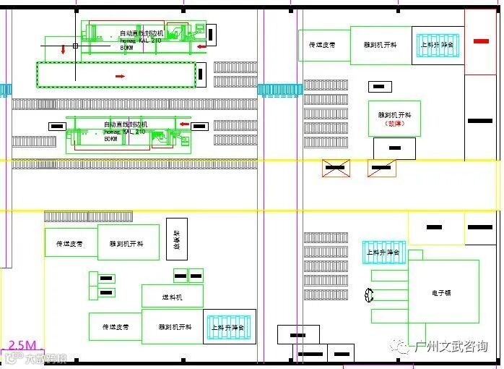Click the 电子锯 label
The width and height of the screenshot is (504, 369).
(x=442, y=293)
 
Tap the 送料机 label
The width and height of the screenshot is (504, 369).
(x=172, y=297)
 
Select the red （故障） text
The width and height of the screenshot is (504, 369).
(x=394, y=124)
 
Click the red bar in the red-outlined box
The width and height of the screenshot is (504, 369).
(x=481, y=41)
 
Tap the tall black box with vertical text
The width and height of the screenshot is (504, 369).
(x=176, y=239)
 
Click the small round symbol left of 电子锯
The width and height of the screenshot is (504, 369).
(x=370, y=295)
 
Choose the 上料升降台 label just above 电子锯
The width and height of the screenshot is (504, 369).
(x=383, y=253)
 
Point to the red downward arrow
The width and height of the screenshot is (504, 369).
(x=64, y=50)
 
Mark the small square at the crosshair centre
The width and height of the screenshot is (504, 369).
(x=75, y=46)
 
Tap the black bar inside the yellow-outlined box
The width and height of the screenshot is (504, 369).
(x=434, y=227)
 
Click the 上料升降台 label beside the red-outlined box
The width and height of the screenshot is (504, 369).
(x=438, y=45)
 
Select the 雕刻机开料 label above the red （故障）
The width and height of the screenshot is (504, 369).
(x=394, y=114)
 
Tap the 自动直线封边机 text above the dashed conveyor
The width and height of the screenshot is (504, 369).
(x=142, y=33)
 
